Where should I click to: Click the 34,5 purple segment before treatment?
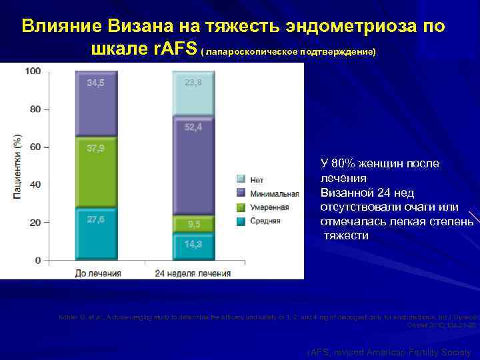(x=97, y=103)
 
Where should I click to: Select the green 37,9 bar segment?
(x=97, y=171)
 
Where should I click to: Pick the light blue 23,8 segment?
(x=193, y=93)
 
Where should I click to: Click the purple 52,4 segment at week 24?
(x=193, y=165)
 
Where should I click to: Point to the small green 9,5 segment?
(x=193, y=225)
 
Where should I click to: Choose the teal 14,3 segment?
(x=193, y=246)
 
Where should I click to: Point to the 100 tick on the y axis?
(x=33, y=71)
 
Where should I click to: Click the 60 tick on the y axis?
(x=35, y=147)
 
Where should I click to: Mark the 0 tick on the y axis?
(x=37, y=259)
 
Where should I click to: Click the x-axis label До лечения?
(x=97, y=273)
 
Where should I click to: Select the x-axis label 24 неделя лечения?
(x=193, y=273)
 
